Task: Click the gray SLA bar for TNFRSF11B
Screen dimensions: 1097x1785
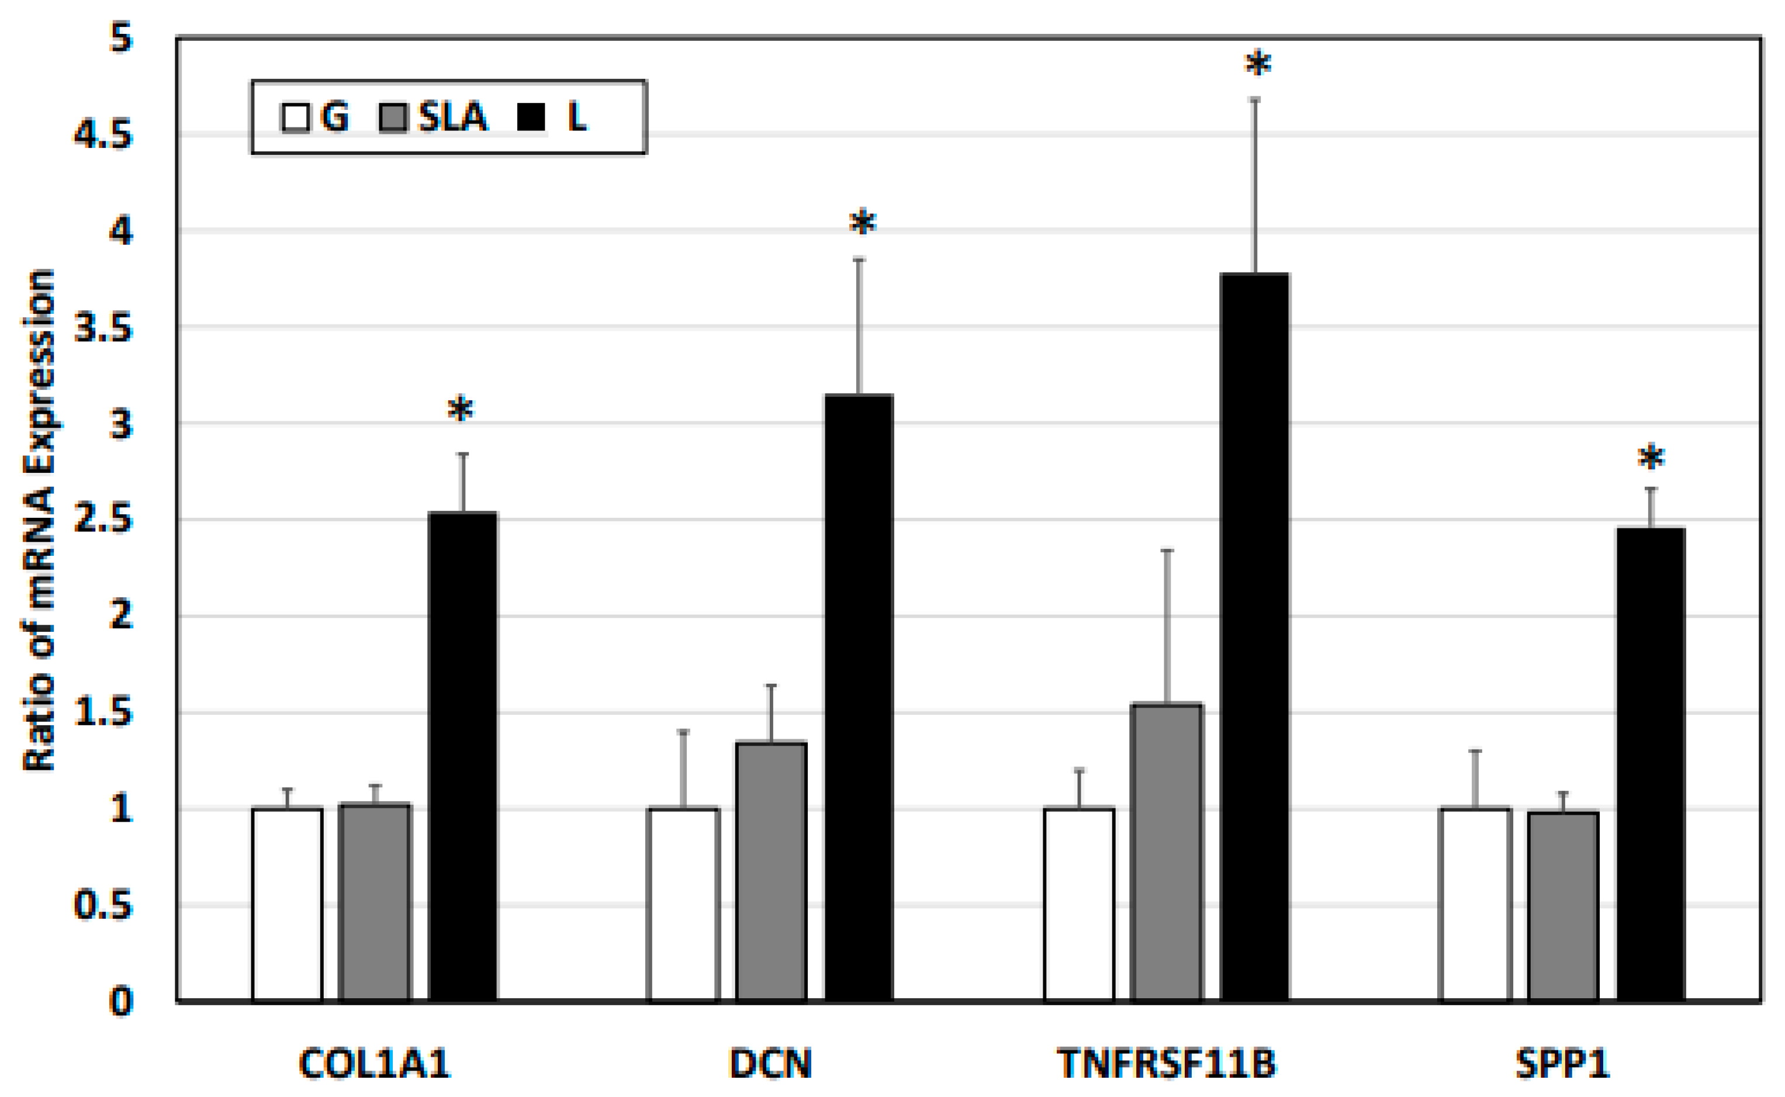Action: coord(1167,853)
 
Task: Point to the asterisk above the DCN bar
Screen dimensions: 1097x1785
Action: coord(862,223)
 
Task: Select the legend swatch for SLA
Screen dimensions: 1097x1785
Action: coord(393,117)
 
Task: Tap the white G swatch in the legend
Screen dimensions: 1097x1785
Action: coord(295,117)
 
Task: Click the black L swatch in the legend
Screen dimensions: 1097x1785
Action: coord(531,117)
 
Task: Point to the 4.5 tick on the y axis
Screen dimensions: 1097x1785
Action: coord(104,135)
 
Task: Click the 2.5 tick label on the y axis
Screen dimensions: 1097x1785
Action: coord(104,520)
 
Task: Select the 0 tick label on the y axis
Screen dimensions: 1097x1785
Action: coord(121,1001)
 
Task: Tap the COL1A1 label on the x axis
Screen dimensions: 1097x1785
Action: coord(375,1064)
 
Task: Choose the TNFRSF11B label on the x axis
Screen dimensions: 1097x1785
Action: coord(1165,1064)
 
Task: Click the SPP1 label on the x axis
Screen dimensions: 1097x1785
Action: coord(1562,1064)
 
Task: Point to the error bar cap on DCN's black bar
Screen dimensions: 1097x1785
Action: coord(859,259)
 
